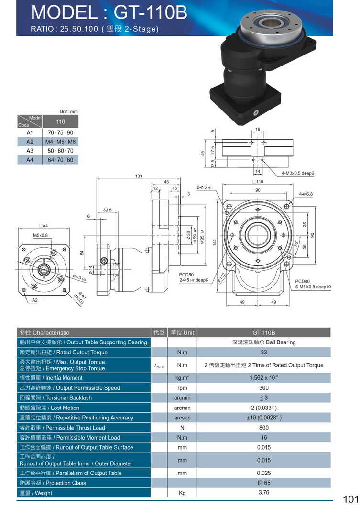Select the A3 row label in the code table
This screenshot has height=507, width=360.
tap(30, 151)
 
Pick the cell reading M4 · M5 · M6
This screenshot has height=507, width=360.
tap(61, 142)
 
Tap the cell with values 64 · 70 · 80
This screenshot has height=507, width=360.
tap(61, 160)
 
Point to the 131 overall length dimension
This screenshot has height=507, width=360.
tap(139, 176)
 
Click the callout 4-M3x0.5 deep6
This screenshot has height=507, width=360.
tap(297, 173)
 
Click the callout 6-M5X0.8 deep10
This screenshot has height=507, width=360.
tap(313, 287)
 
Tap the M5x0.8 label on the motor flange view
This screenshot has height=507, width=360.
tap(41, 235)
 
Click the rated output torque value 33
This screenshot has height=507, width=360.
tap(264, 353)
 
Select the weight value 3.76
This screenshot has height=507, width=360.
tap(264, 493)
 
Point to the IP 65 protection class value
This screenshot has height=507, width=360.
tap(264, 483)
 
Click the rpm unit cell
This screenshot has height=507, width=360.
tap(182, 388)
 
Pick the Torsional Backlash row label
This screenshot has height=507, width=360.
tap(55, 397)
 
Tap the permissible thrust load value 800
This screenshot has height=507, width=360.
tap(264, 428)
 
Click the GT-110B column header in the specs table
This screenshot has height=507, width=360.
tap(264, 332)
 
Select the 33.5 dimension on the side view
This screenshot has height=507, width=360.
tap(107, 210)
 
